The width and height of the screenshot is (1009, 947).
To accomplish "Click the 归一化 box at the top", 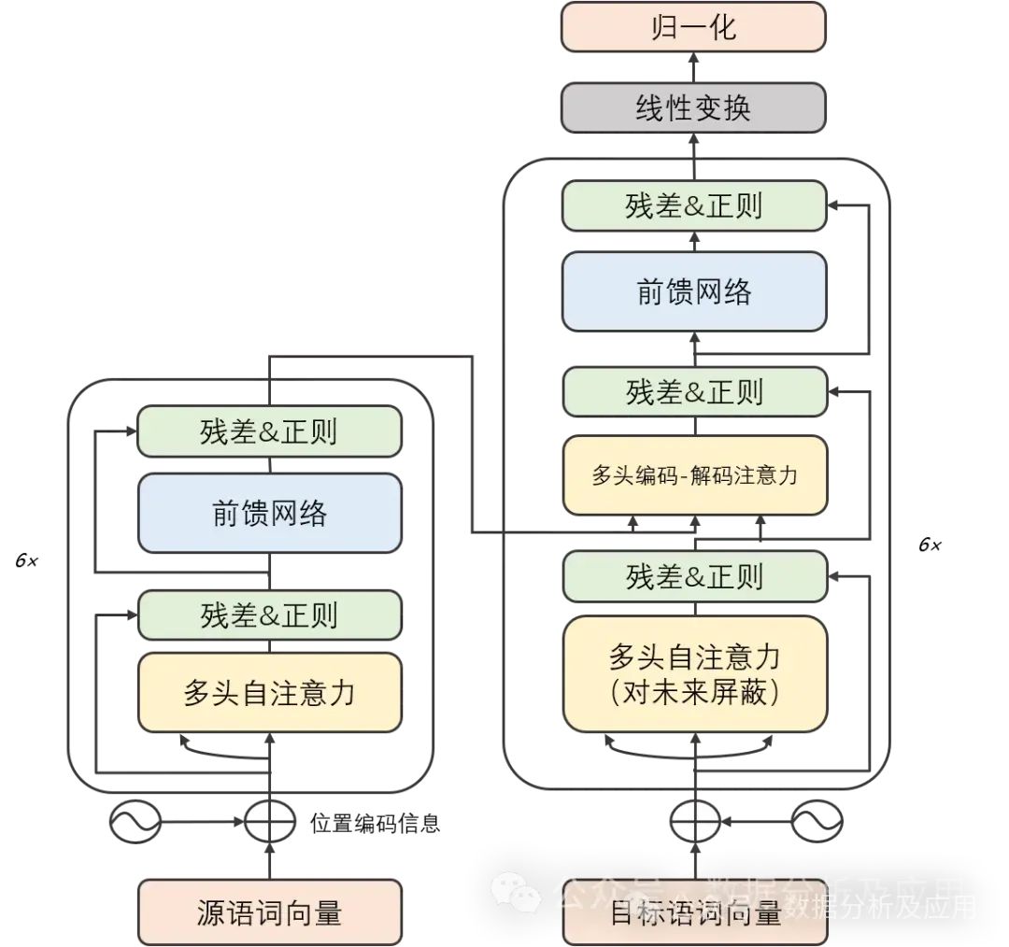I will [693, 26].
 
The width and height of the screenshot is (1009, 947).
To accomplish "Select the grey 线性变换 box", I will [693, 107].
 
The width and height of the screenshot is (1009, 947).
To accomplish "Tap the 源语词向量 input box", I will [269, 912].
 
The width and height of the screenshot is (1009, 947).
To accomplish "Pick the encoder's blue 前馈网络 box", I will [269, 513].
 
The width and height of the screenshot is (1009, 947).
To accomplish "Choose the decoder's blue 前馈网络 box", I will [694, 291].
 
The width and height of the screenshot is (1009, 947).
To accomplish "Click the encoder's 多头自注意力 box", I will [269, 692].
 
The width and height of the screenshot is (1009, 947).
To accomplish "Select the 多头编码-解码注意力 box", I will [694, 474].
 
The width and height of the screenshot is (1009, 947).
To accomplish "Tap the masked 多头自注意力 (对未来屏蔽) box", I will [694, 674].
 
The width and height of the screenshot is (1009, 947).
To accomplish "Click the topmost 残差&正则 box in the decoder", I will [694, 205].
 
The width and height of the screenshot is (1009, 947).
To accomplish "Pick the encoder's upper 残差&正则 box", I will [269, 431].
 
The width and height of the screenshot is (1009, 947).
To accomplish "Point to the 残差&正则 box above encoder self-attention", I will [269, 615].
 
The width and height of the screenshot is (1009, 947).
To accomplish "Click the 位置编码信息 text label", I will [375, 823].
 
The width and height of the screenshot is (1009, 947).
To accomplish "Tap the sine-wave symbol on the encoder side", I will [135, 823].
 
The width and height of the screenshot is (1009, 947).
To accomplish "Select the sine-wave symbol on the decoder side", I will [817, 823].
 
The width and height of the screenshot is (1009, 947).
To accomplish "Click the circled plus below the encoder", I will [269, 823].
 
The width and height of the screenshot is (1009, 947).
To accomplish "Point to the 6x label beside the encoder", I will [26, 561].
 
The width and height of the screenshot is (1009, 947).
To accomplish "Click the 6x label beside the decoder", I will [930, 544].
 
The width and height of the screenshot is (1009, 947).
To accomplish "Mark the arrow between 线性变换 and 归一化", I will [694, 67].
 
